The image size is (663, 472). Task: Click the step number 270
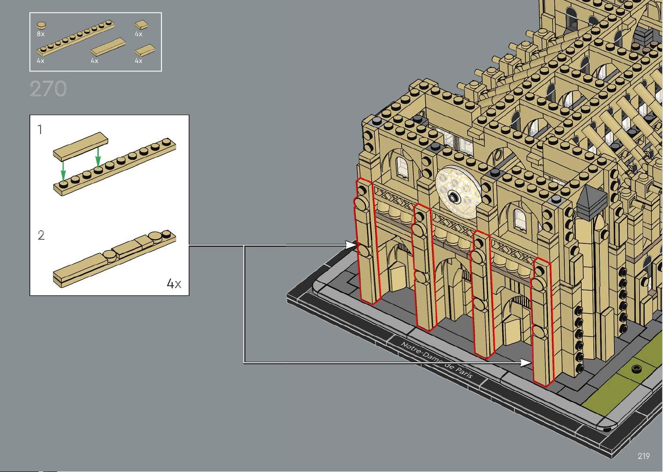(48, 88)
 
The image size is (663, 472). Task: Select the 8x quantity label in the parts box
(41, 34)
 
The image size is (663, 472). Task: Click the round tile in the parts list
(42, 26)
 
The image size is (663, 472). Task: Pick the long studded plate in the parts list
(75, 39)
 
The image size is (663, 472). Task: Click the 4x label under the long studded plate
(41, 61)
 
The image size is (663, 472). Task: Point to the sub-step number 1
(40, 130)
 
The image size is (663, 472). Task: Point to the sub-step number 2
(41, 235)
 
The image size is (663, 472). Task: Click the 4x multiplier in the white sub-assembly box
(174, 284)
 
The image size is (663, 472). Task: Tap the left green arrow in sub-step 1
(63, 171)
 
